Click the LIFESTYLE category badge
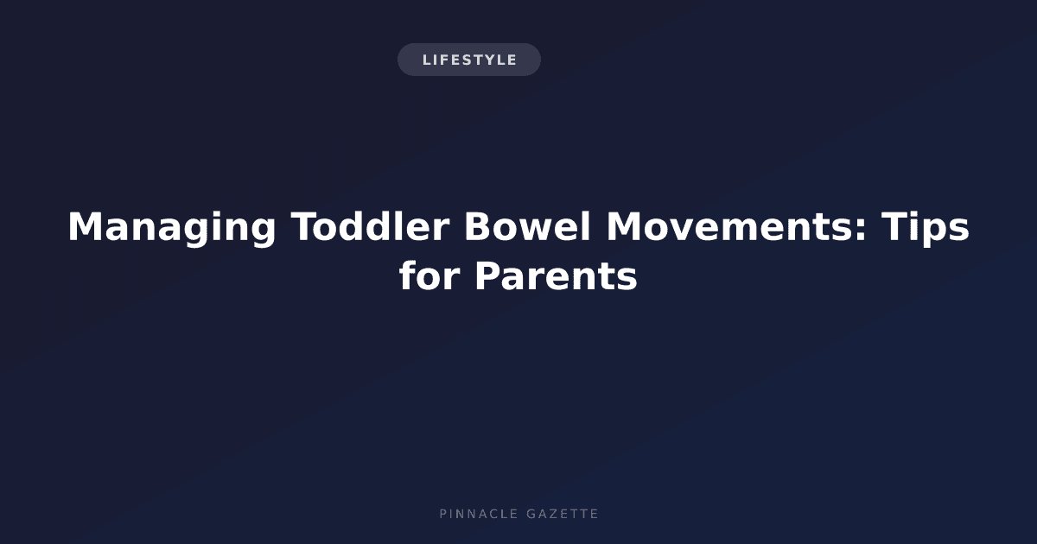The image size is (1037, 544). (x=469, y=60)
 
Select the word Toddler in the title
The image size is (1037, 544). (x=370, y=226)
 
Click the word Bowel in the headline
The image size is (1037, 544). (x=527, y=226)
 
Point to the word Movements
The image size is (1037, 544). (x=729, y=226)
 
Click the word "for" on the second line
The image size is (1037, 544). (x=429, y=275)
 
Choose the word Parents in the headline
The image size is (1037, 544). (x=556, y=276)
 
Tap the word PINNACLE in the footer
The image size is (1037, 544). (x=479, y=514)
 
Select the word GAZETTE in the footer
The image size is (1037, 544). (x=562, y=514)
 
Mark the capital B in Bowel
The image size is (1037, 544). (x=478, y=226)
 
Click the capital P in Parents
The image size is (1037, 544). (x=488, y=275)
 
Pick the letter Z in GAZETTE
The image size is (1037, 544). (x=554, y=514)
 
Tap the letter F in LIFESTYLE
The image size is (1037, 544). (x=444, y=60)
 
